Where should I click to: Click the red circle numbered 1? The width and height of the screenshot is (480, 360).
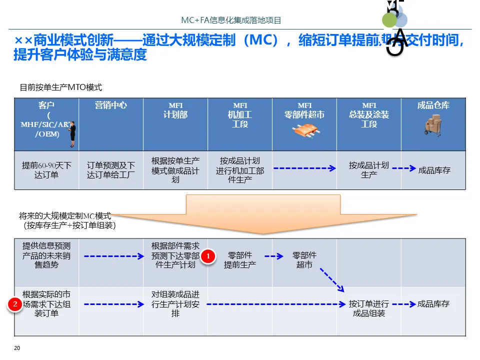coord(208,257)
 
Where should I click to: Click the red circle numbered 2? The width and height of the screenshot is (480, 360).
coord(15,304)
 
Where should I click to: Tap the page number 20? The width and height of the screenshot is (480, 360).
coord(17,348)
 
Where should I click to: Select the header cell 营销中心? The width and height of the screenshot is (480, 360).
coord(110,105)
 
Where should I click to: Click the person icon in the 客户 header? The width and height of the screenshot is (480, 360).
coord(72,134)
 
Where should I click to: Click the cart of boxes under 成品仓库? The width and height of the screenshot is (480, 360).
coord(433,125)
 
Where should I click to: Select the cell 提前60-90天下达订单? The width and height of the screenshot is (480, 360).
coord(46,170)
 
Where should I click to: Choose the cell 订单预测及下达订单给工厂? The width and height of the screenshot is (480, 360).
coord(110,170)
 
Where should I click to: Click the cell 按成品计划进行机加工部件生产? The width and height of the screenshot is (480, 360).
coord(240,170)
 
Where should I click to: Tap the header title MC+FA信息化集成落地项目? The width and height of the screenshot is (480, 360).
coord(231,20)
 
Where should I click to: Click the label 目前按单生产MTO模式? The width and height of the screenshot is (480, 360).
coord(60,87)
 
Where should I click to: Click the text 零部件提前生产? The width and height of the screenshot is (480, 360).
coord(240,259)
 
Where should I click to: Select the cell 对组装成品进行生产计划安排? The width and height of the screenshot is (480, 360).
coord(175,304)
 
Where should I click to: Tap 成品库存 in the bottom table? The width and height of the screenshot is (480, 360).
coord(433,304)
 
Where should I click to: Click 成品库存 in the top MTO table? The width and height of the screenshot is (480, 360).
coord(434,170)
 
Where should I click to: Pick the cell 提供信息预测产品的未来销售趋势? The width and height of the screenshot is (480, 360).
coord(46,255)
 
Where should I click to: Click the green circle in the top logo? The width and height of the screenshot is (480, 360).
coord(389,20)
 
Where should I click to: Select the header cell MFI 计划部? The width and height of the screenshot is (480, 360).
coord(175,110)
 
